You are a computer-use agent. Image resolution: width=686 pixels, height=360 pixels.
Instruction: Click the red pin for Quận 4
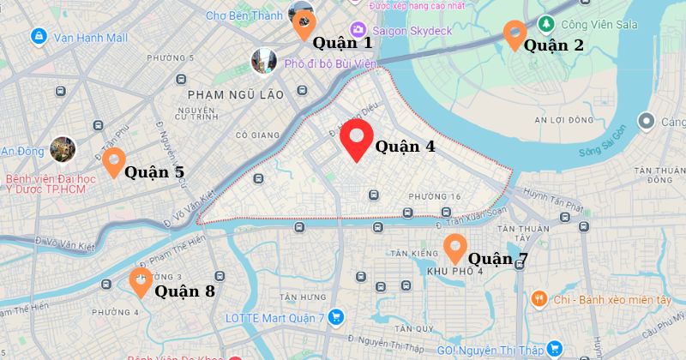pos(356,139)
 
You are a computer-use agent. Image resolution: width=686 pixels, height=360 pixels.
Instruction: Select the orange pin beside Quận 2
pos(514,33)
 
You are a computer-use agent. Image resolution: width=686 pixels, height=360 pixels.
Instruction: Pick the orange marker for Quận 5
pos(113,160)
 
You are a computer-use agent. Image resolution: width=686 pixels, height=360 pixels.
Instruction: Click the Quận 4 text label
pos(405,147)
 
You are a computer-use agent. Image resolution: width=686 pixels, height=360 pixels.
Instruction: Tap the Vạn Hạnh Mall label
pos(90,38)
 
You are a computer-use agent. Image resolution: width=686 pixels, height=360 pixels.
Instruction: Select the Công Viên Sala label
pos(592,23)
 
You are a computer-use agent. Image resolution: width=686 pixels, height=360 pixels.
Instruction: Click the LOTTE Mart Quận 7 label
pos(274,318)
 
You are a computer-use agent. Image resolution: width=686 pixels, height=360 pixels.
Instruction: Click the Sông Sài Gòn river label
pos(603,153)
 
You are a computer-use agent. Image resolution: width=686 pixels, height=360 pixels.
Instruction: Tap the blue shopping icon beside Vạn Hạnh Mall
pos(38,37)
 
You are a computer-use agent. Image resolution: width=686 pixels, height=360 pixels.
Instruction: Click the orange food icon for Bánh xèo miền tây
pos(539,299)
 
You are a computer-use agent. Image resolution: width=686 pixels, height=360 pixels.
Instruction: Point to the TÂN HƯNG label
pos(298,297)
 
